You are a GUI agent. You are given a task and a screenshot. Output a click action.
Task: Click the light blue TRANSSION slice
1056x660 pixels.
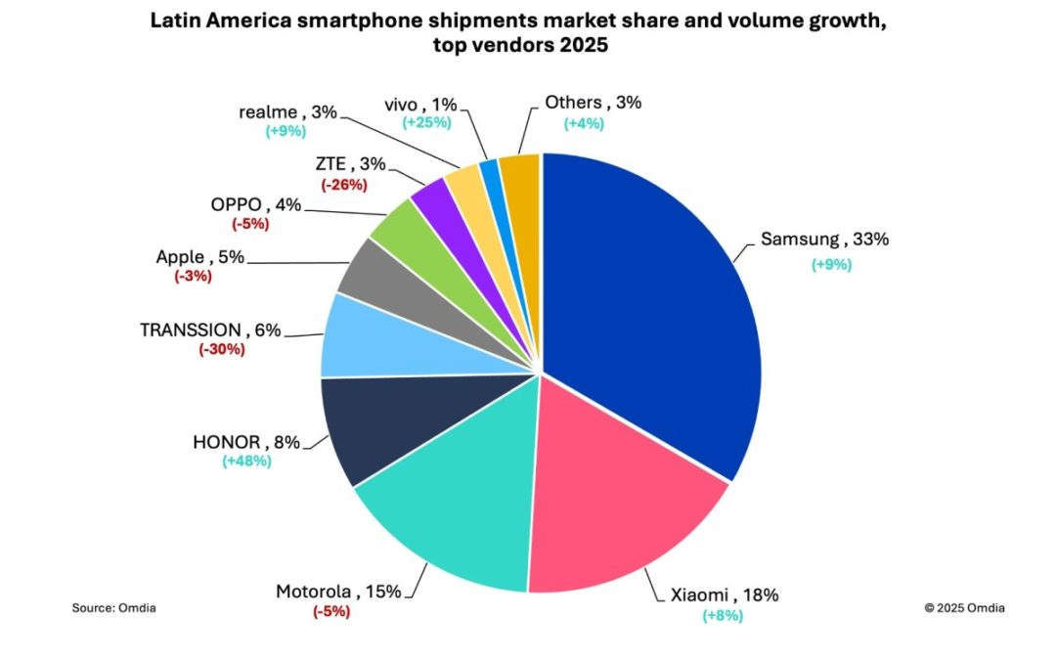pos(362,337)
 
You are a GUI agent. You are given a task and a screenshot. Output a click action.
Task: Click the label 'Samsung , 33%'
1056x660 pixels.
pos(824,240)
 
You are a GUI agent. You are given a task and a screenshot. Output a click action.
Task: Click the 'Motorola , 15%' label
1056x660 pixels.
pos(331,592)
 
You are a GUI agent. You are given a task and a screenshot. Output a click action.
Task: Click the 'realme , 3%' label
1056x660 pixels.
pos(287,111)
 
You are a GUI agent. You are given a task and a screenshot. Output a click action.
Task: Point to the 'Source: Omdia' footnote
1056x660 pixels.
pos(113,607)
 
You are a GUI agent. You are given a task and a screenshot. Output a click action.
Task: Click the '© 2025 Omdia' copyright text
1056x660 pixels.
pos(964,607)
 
